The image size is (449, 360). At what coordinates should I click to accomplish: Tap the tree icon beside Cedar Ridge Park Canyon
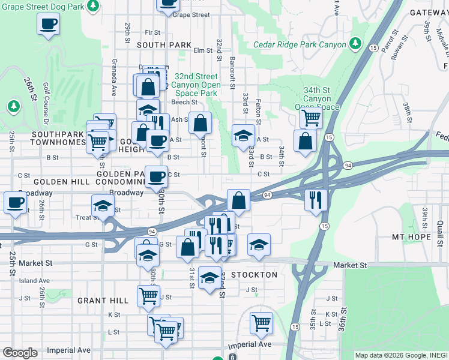(355, 44)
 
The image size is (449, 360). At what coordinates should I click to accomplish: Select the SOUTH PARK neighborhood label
(164, 45)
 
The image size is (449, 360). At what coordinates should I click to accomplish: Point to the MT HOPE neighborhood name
(411, 237)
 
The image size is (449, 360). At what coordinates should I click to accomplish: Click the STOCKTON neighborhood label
(255, 275)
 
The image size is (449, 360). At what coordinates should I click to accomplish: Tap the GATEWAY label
(429, 12)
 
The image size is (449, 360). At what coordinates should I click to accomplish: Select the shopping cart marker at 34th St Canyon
(310, 117)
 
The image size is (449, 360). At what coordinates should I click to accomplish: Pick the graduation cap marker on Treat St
(103, 205)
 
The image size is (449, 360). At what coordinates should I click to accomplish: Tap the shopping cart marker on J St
(148, 295)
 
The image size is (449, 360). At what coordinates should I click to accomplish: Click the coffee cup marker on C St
(157, 176)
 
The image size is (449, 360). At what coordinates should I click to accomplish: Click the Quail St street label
(440, 229)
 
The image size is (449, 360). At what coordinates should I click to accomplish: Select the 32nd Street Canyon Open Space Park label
(195, 85)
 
